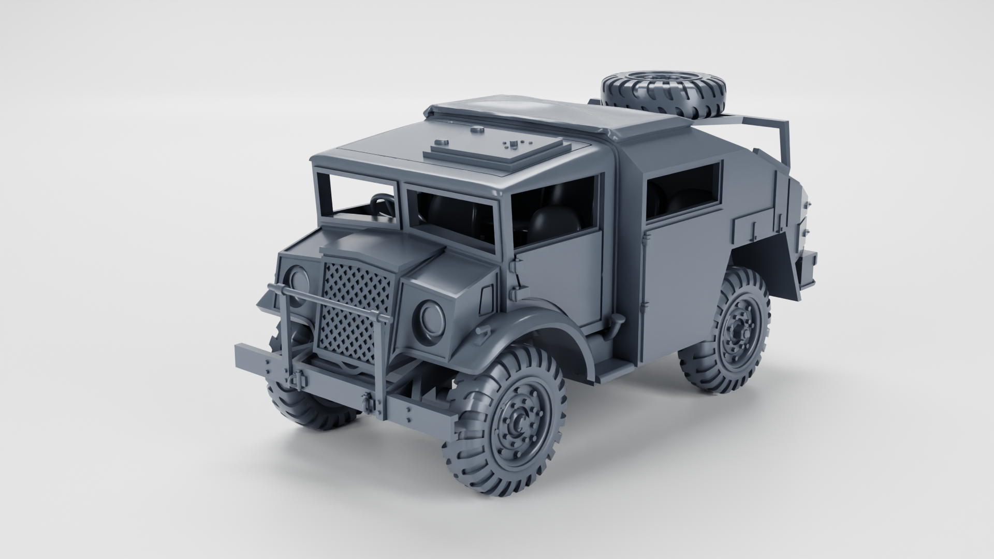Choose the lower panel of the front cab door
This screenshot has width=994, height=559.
[x=562, y=279]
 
